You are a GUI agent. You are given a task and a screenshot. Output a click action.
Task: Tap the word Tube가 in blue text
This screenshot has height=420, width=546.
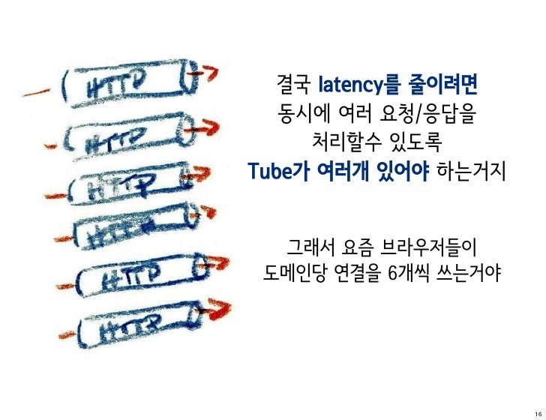[280, 172]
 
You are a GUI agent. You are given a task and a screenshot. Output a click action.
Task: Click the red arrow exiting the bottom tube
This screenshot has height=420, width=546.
[215, 311]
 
